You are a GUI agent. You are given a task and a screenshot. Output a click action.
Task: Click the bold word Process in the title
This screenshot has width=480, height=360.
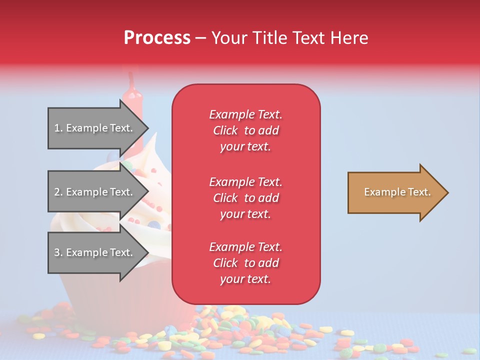click(x=157, y=38)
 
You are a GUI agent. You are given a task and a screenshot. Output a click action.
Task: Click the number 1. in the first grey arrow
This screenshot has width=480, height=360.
click(x=58, y=128)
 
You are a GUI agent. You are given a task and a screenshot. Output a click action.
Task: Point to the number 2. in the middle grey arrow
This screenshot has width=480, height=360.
click(x=58, y=192)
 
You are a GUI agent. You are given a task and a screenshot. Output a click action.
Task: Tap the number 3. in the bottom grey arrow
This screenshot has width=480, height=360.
click(x=58, y=252)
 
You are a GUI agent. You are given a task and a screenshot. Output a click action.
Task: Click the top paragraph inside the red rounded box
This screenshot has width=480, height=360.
click(x=245, y=130)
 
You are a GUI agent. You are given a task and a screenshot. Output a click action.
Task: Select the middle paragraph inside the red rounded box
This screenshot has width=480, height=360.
click(x=245, y=198)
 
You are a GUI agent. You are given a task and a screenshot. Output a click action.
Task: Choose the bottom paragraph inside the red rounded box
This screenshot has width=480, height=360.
click(x=245, y=263)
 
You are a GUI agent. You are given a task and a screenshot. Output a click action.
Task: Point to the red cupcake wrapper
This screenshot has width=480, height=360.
click(x=80, y=290)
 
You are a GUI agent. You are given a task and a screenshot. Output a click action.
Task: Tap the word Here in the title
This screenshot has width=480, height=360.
click(x=350, y=38)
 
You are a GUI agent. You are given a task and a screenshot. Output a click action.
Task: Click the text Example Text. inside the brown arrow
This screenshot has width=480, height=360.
click(x=397, y=192)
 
